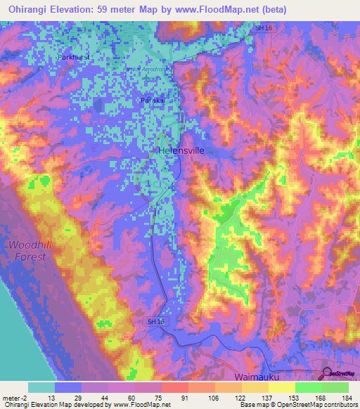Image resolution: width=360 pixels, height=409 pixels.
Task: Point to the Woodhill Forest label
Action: click(x=27, y=250)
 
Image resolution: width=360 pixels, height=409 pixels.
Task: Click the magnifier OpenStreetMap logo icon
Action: click(x=327, y=375)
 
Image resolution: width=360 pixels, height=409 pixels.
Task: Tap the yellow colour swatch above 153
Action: click(x=282, y=387)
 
